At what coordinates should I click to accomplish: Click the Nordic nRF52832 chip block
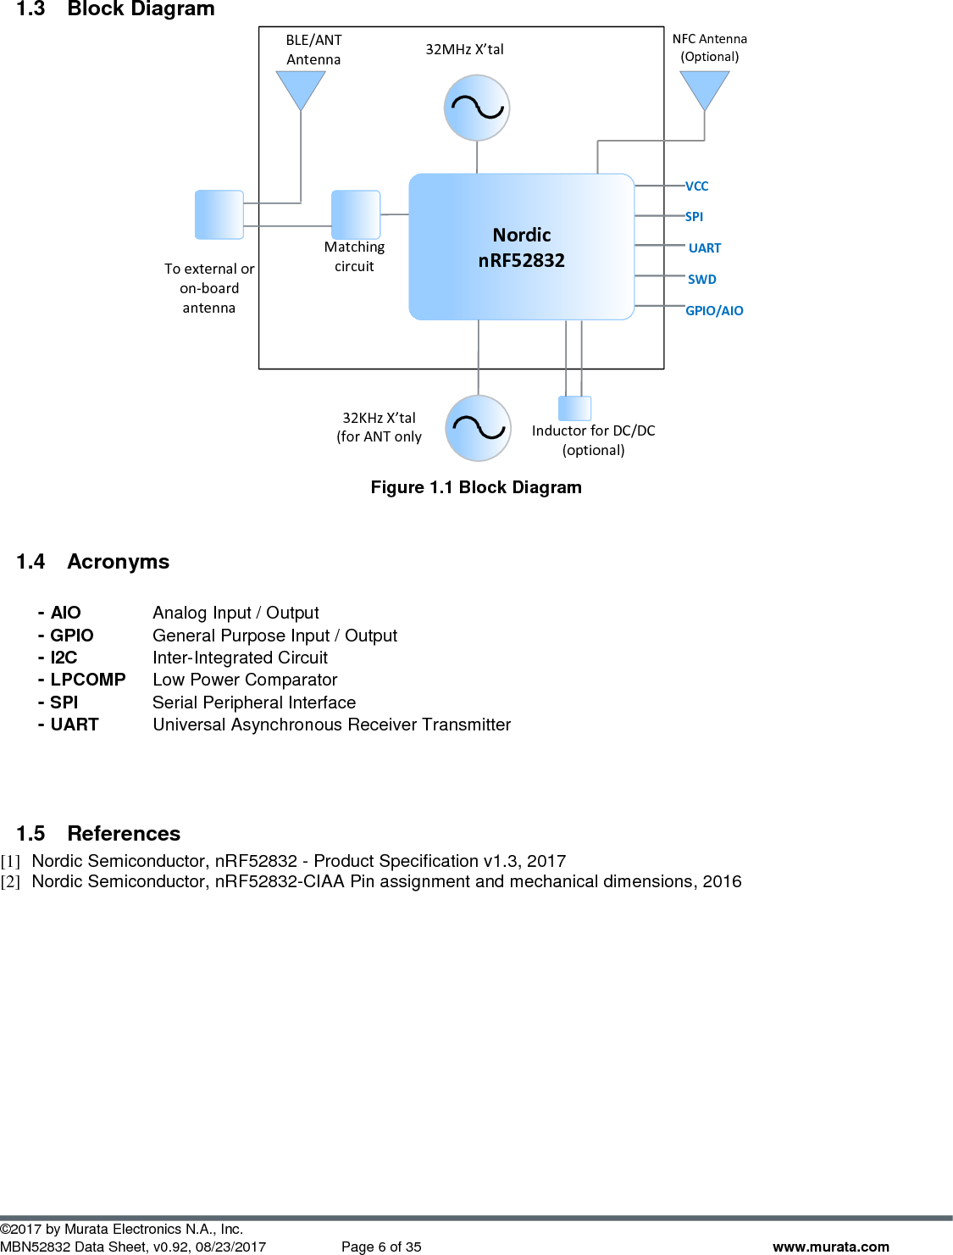pyautogui.click(x=521, y=247)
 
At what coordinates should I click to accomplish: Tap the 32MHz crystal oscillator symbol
pyautogui.click(x=477, y=108)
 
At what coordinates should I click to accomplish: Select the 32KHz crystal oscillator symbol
pyautogui.click(x=479, y=428)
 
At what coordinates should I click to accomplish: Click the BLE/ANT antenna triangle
pyautogui.click(x=301, y=86)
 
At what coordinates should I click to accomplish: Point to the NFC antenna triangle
pyautogui.click(x=705, y=86)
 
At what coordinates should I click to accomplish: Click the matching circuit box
pyautogui.click(x=356, y=214)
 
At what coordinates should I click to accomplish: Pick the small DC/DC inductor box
pyautogui.click(x=574, y=408)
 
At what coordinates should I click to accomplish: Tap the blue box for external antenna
pyautogui.click(x=219, y=214)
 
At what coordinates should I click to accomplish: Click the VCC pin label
pyautogui.click(x=696, y=186)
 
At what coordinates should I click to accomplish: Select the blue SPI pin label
pyautogui.click(x=694, y=217)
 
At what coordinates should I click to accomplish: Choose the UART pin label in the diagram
pyautogui.click(x=705, y=248)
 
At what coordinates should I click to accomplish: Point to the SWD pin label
pyautogui.click(x=701, y=280)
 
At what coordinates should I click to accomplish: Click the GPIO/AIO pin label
pyautogui.click(x=714, y=311)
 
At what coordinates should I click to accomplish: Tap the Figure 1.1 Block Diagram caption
pyautogui.click(x=476, y=487)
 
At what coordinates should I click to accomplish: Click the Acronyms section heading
pyautogui.click(x=118, y=562)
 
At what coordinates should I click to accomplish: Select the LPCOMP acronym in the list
pyautogui.click(x=87, y=680)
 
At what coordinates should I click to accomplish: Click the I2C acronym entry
pyautogui.click(x=64, y=658)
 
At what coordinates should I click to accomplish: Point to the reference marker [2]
pyautogui.click(x=10, y=882)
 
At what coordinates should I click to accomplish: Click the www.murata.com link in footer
pyautogui.click(x=830, y=1247)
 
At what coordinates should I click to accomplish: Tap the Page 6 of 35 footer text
pyautogui.click(x=381, y=1247)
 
